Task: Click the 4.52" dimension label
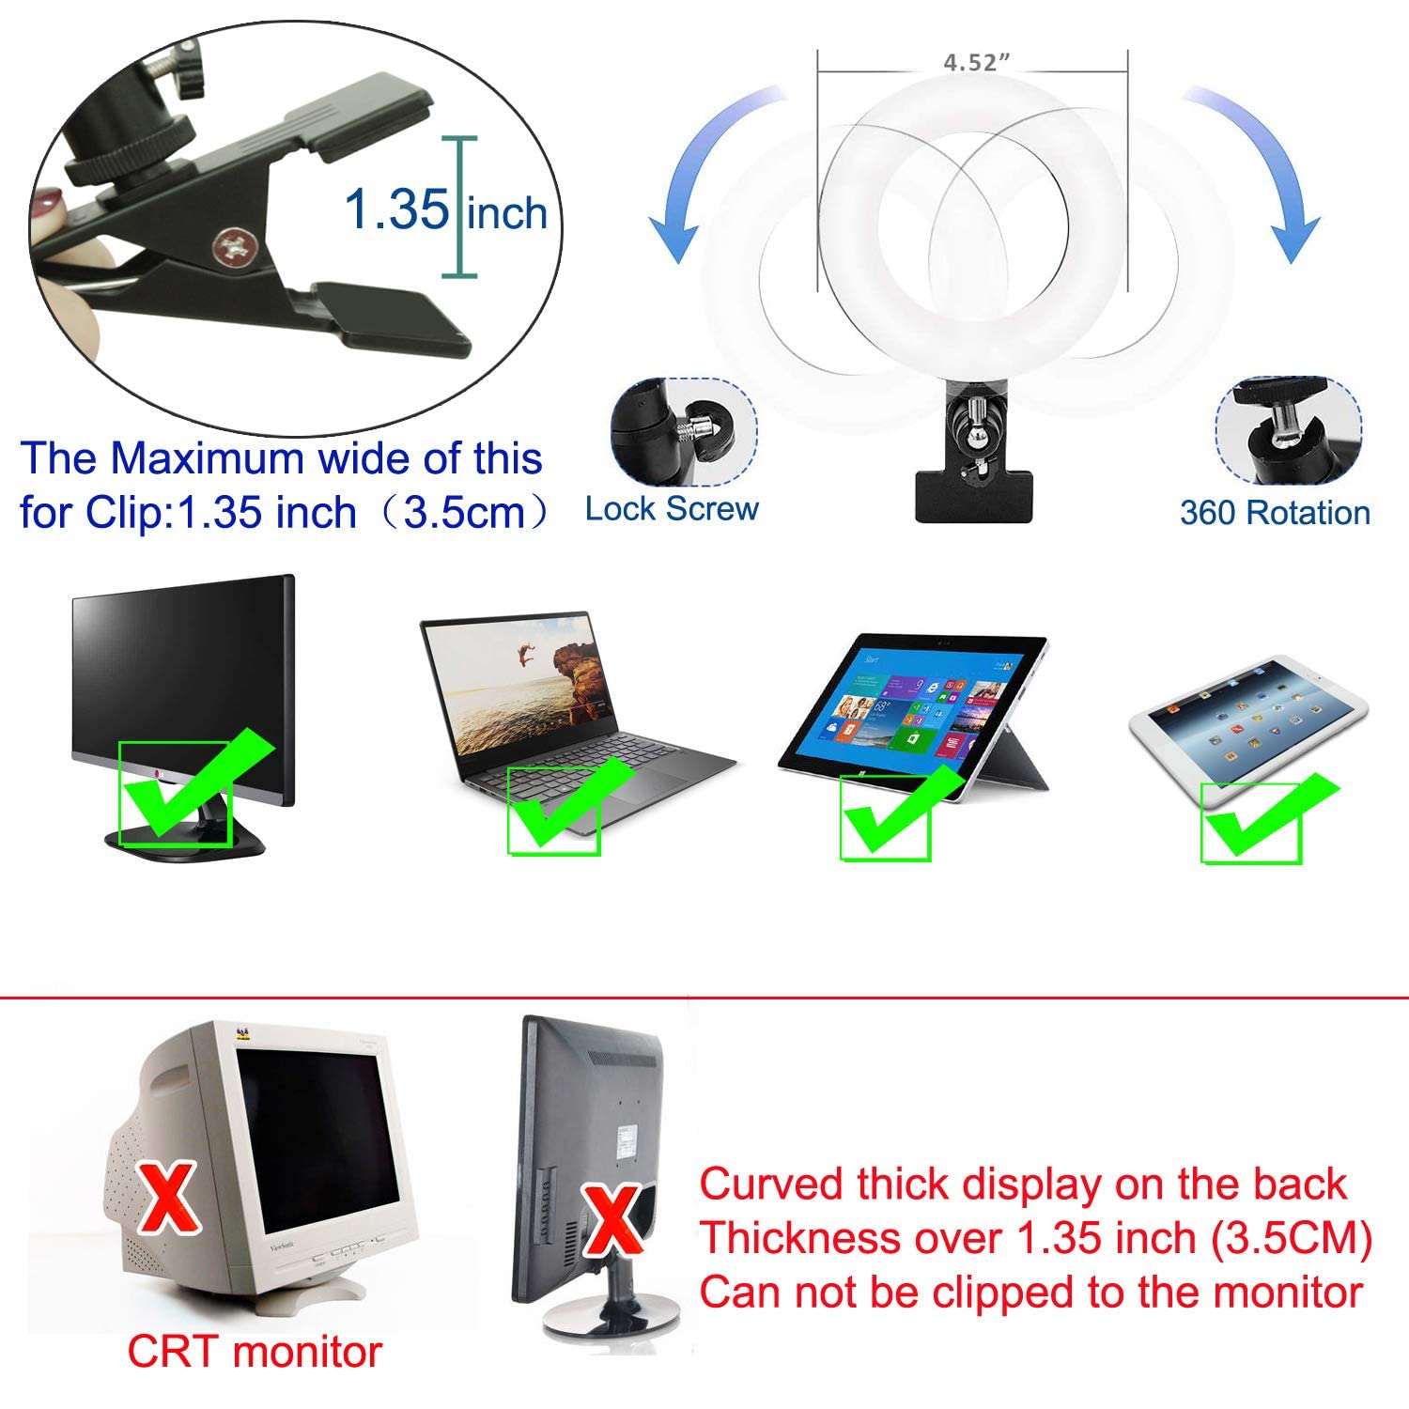point(976,63)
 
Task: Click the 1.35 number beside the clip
point(397,209)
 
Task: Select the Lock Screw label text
point(672,509)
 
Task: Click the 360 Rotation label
point(1275,513)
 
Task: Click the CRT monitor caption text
point(255,1352)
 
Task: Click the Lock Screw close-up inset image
point(683,432)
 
